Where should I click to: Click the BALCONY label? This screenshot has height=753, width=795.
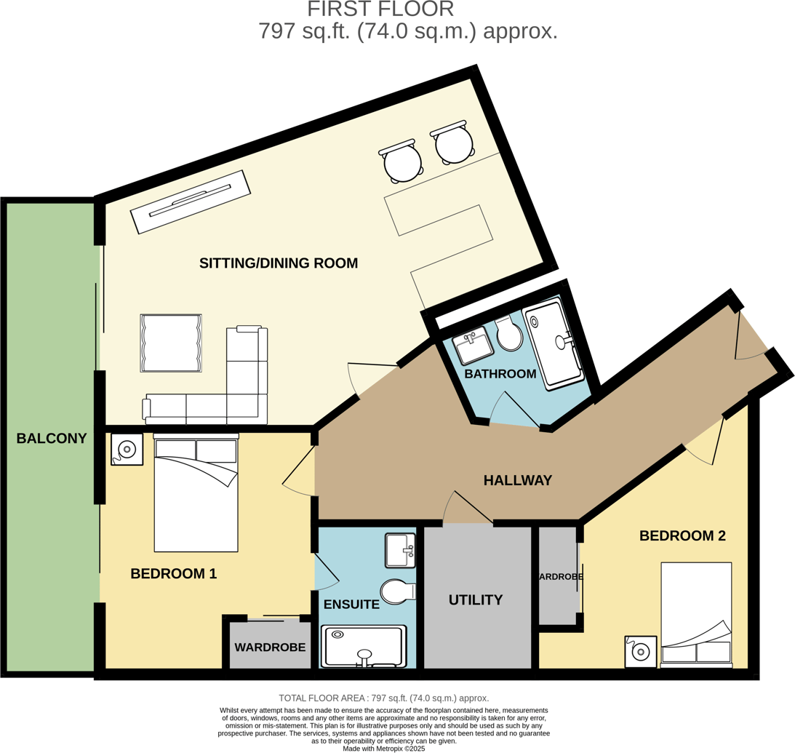pyautogui.click(x=52, y=438)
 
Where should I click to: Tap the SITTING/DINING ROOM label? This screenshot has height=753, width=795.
pyautogui.click(x=279, y=263)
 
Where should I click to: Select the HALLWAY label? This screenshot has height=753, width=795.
pyautogui.click(x=518, y=480)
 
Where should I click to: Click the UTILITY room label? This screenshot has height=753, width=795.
pyautogui.click(x=476, y=599)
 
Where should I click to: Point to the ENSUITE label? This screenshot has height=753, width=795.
pyautogui.click(x=351, y=604)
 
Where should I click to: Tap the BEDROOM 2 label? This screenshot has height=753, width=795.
pyautogui.click(x=682, y=535)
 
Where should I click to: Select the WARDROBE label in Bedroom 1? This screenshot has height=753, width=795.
pyautogui.click(x=270, y=647)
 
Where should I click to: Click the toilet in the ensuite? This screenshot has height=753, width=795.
pyautogui.click(x=396, y=591)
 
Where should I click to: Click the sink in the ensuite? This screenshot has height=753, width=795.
pyautogui.click(x=400, y=550)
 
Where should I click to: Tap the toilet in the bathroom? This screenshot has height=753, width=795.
pyautogui.click(x=510, y=334)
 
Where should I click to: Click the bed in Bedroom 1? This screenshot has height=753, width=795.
pyautogui.click(x=196, y=495)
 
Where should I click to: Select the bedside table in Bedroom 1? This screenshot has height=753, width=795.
pyautogui.click(x=127, y=450)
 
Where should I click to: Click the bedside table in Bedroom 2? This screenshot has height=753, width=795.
pyautogui.click(x=641, y=651)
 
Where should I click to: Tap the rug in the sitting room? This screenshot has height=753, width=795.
pyautogui.click(x=171, y=343)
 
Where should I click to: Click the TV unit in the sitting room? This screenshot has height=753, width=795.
pyautogui.click(x=190, y=202)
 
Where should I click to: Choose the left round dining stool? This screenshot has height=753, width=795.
pyautogui.click(x=402, y=163)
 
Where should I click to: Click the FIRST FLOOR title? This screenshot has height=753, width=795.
pyautogui.click(x=380, y=9)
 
